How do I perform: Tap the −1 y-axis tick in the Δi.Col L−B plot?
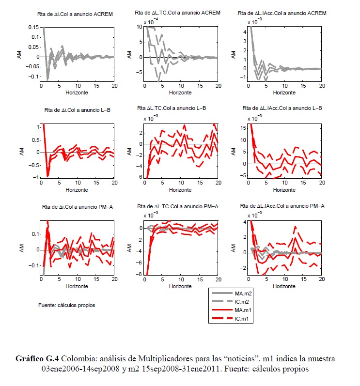pos(35,177)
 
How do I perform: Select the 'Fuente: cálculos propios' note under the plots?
pos(67,306)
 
